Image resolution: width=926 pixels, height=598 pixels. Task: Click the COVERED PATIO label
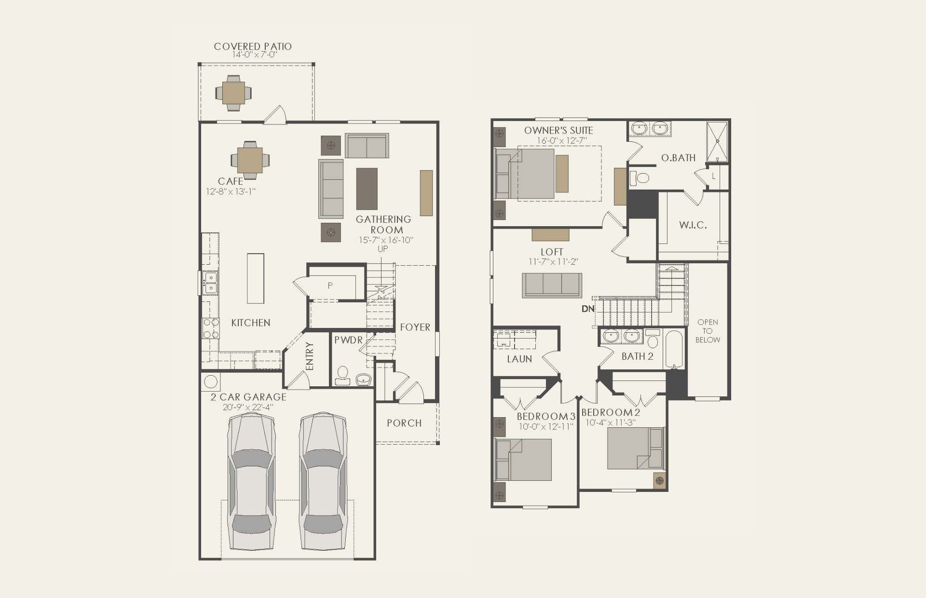click(253, 46)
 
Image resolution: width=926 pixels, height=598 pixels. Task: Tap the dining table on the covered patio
click(234, 93)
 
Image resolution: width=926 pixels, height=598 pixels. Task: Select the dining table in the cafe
click(250, 160)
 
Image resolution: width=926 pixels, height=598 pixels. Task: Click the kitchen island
click(256, 278)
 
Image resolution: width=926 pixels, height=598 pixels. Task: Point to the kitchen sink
click(211, 283)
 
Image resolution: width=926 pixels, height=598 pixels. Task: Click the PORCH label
click(404, 423)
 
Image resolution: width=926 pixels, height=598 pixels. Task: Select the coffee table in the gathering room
click(367, 189)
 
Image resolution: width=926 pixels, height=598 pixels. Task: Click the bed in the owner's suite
click(525, 174)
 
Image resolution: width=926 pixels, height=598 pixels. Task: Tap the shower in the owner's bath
click(718, 142)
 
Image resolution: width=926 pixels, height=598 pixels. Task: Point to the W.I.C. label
click(693, 225)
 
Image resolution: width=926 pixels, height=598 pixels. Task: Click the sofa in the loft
click(552, 285)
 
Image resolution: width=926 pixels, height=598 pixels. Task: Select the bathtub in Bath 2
click(675, 349)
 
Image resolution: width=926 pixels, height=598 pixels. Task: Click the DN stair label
click(588, 309)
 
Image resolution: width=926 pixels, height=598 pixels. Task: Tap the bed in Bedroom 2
click(635, 448)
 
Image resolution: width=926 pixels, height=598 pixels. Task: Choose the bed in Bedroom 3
click(524, 460)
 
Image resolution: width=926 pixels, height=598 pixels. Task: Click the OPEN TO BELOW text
click(708, 331)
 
